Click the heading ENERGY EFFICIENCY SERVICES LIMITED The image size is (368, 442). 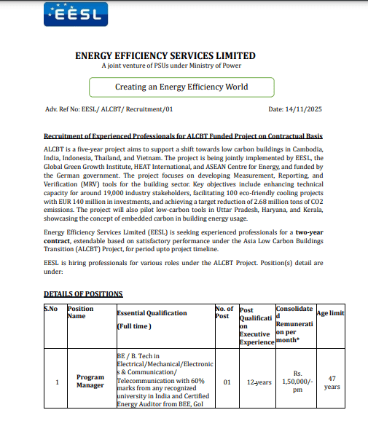165,55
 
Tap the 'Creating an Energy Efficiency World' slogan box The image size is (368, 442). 181,87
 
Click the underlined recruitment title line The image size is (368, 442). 183,136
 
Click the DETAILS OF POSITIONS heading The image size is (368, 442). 83,293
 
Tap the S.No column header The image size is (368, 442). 52,309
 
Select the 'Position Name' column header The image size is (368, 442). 80,312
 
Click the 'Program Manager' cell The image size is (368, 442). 90,381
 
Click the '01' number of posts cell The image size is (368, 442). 227,382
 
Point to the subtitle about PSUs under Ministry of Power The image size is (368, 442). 165,67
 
